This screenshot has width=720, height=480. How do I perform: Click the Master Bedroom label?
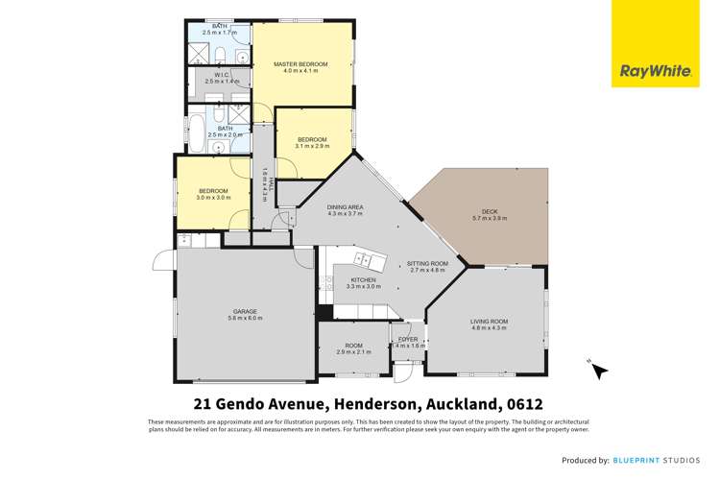pos(300,64)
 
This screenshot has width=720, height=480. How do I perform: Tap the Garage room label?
pos(246,311)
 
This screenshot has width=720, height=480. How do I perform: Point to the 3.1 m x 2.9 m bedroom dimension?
pos(313,146)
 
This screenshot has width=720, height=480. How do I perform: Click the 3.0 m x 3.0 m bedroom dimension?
pos(212,197)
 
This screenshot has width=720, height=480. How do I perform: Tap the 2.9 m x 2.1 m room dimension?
pos(354,352)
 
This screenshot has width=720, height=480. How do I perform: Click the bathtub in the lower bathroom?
pos(198,131)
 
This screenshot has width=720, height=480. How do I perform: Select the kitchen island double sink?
pos(364,259)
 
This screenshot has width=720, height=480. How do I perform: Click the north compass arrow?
pos(596,368)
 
